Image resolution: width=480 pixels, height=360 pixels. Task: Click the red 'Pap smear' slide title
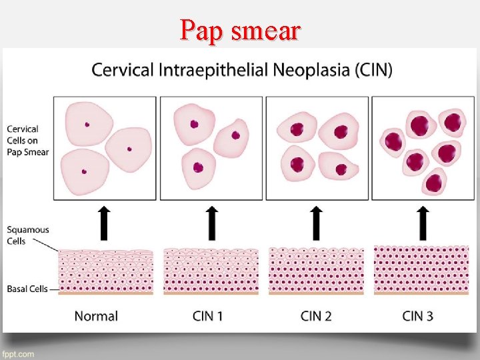(x=241, y=30)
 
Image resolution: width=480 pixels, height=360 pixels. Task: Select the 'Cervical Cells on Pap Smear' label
(x=27, y=141)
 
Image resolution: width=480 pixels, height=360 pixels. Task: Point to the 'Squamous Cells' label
(x=27, y=235)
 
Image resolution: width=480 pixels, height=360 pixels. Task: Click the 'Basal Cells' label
(x=27, y=289)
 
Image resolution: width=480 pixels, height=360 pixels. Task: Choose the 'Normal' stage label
(x=96, y=316)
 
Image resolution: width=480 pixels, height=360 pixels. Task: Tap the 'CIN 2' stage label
(x=316, y=316)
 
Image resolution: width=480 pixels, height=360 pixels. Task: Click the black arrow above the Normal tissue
(x=105, y=223)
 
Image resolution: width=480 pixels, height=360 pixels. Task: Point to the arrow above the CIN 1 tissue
(x=211, y=223)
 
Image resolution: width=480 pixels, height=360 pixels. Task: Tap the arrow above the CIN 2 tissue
(x=317, y=223)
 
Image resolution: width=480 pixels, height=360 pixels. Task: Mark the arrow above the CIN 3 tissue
(x=422, y=223)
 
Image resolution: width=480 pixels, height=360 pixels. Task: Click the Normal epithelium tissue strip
(x=106, y=272)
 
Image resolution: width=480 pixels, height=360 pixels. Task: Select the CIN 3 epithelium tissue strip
(x=421, y=270)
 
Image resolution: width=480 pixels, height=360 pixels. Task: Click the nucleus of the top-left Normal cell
(x=87, y=124)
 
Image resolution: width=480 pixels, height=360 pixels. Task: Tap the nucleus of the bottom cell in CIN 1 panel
(x=197, y=167)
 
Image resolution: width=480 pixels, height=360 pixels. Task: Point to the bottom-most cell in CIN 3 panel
(x=434, y=181)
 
